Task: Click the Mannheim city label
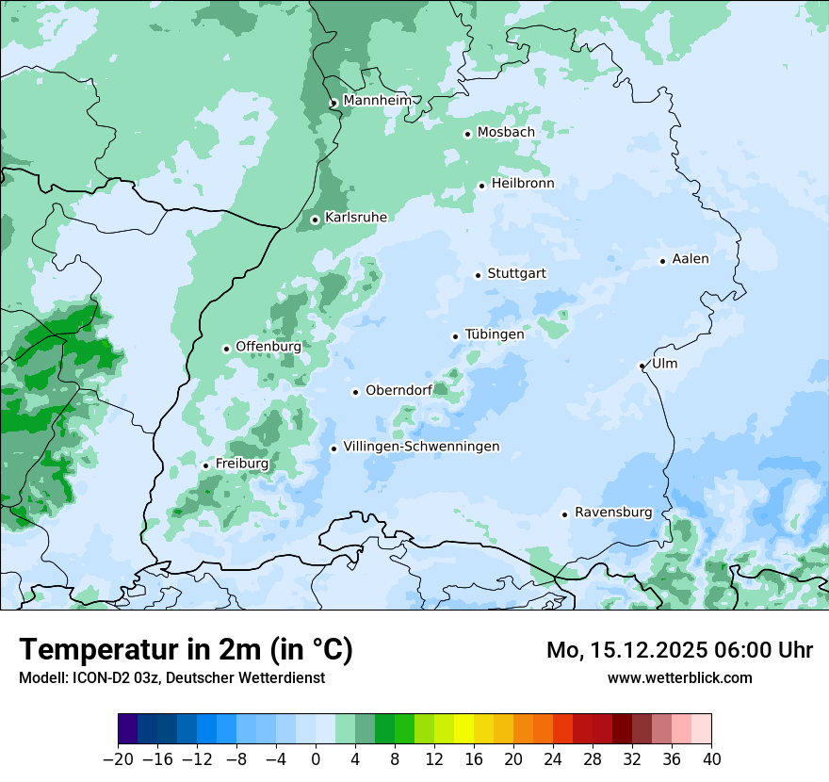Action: (377, 101)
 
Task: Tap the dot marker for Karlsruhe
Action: (315, 220)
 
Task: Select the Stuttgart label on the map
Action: (516, 274)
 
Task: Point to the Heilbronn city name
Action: (522, 184)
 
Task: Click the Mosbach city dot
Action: (467, 134)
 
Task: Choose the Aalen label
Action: (691, 259)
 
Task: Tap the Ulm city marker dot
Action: (642, 366)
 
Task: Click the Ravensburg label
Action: (612, 513)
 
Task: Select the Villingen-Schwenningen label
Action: (421, 447)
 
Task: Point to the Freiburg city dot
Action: (205, 465)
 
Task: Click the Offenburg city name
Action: (268, 347)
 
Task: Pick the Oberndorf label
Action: (398, 391)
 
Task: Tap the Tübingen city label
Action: (495, 334)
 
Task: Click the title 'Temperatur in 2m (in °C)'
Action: (186, 650)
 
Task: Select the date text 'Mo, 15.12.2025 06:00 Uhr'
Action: (679, 650)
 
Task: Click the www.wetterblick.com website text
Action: (679, 677)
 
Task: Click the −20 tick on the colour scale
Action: (119, 759)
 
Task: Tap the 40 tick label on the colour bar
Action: (711, 759)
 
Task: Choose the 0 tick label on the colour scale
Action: (316, 759)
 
